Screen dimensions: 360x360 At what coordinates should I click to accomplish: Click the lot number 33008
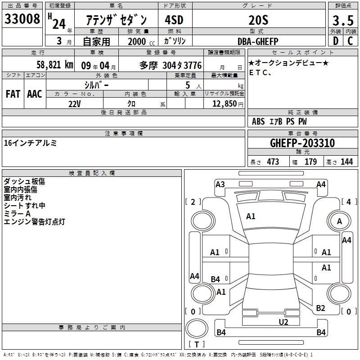click(x=22, y=19)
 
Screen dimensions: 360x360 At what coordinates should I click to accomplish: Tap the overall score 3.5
click(x=343, y=20)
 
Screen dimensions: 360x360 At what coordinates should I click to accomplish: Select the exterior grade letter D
click(x=336, y=41)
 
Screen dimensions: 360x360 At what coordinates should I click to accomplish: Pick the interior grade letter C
click(x=350, y=41)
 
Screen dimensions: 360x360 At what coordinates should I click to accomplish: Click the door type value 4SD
click(x=174, y=20)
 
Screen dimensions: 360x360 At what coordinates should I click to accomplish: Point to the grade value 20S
click(x=258, y=20)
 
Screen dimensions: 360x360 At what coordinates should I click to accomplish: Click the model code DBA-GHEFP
click(x=258, y=41)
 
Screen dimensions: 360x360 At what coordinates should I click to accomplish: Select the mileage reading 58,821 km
click(x=55, y=65)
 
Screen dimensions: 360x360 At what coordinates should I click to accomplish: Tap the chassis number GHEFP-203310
click(x=302, y=143)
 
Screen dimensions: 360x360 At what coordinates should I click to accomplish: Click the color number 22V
click(x=74, y=104)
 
